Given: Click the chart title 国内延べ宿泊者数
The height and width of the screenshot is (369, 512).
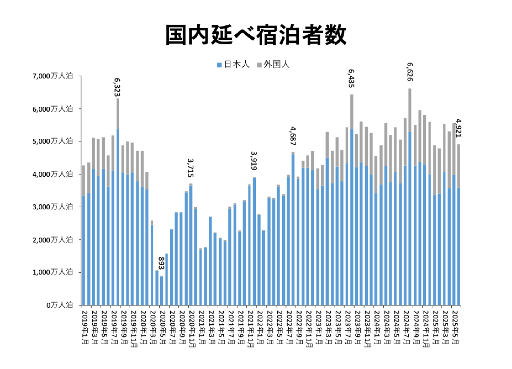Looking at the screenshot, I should pos(256,35).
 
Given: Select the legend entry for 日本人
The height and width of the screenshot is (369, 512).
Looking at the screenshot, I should pos(233,65).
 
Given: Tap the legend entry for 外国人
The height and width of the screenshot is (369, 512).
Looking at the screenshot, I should pos(273,65).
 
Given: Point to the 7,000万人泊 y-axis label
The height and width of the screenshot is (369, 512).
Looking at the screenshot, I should pos(53,76).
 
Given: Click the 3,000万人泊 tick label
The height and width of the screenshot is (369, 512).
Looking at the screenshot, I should pos(53,207).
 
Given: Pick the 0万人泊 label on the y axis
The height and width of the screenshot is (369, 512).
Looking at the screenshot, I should pos(60,305).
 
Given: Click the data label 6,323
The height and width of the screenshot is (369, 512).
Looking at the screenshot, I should pos(117,87).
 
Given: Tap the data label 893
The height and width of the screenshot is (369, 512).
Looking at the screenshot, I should pos(161,263).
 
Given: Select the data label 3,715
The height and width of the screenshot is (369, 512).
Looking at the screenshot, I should pos(191,167).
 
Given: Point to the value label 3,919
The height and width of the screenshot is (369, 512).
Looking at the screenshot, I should pos(254,161).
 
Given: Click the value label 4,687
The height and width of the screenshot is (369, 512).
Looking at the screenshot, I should pos(293,136).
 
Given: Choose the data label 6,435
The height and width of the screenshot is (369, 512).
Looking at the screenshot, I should pos(351,78).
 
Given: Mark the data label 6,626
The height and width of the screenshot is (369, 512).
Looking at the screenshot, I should pos(410,72).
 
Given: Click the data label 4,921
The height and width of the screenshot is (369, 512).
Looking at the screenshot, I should pos(458,128).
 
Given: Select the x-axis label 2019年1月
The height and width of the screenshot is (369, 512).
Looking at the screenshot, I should pos(85,327).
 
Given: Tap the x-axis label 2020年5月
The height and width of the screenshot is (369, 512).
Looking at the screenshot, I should pos(163,327).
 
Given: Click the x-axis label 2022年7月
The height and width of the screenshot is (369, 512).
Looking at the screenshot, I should pos(289,327).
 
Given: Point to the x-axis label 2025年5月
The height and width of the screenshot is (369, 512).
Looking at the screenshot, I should pos(455,327).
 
